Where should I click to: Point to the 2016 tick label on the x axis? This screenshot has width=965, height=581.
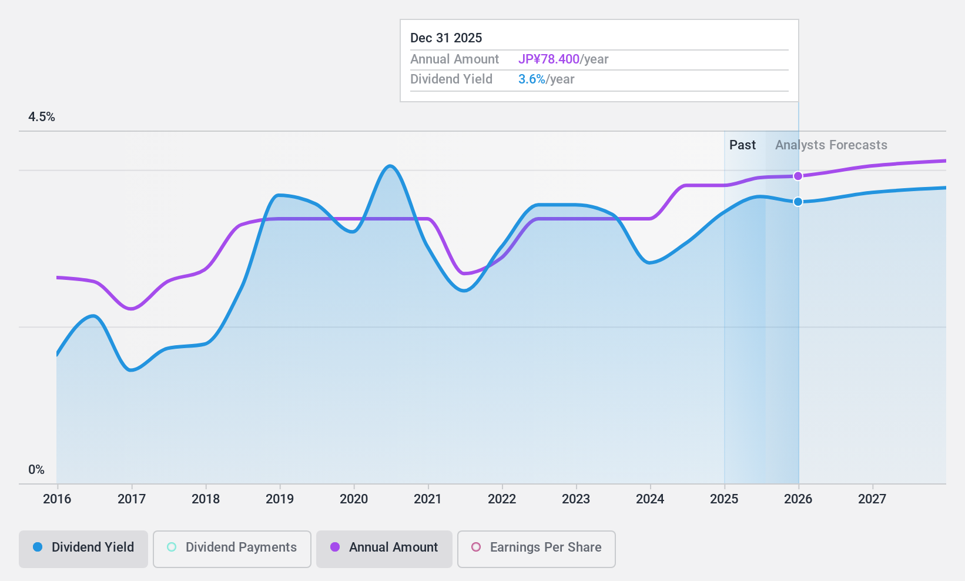[x=57, y=499]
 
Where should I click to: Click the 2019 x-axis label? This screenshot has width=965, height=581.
[x=280, y=499]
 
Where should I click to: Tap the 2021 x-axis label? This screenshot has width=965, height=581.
[x=428, y=499]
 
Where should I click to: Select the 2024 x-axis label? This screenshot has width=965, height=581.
[x=650, y=499]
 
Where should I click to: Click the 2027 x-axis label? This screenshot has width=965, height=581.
[x=872, y=499]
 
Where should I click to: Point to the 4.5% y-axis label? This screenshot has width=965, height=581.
[x=42, y=117]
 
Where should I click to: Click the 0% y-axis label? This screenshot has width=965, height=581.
[x=36, y=469]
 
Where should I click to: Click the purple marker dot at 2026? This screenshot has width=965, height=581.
[x=798, y=176]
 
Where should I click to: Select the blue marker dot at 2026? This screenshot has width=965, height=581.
[x=798, y=202]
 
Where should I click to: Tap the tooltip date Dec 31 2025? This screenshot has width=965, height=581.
[x=446, y=38]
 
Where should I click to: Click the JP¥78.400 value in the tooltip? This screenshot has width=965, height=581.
[x=548, y=59]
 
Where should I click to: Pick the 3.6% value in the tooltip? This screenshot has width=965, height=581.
[x=532, y=79]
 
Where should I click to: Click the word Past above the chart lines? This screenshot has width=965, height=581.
[x=742, y=145]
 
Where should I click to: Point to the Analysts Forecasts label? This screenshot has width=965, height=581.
[x=831, y=145]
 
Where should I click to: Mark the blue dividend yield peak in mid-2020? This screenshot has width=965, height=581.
[x=390, y=166]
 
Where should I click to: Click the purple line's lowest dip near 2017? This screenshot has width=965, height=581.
[x=132, y=309]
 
